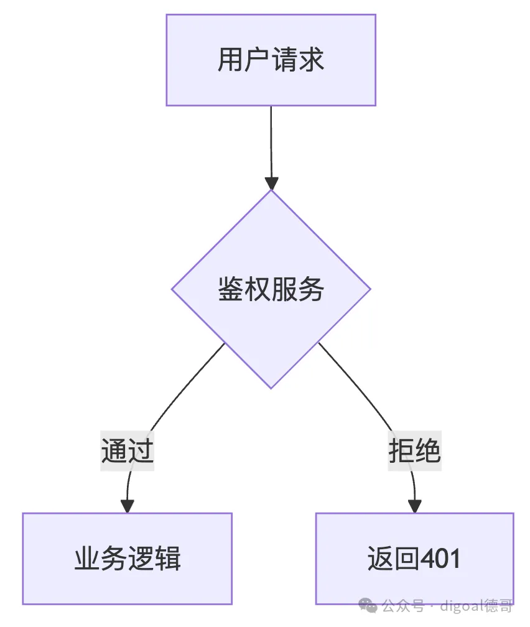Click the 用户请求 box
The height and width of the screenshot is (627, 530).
point(271,60)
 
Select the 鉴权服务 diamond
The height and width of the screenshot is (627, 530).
point(271,289)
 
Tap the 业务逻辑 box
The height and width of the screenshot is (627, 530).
point(128,558)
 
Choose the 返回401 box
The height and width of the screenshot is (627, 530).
point(414,558)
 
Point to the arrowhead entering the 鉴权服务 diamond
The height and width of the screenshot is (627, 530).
point(271,183)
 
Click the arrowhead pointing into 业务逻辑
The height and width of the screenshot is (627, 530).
point(128,505)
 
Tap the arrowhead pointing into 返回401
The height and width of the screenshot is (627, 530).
point(414,505)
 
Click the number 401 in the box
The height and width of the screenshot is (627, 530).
point(440,559)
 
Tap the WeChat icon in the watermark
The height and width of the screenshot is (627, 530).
point(368,605)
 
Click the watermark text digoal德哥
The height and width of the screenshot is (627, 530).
point(477,605)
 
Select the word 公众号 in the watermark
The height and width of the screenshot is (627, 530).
point(403,605)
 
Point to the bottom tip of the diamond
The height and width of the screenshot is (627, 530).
point(271,388)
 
